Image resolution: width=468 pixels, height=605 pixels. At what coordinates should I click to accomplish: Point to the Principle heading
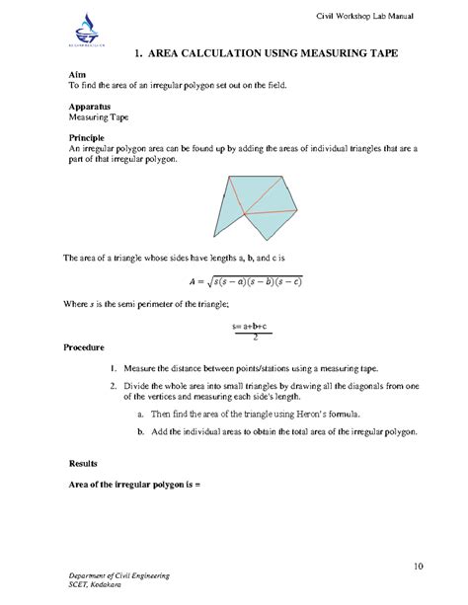(x=87, y=136)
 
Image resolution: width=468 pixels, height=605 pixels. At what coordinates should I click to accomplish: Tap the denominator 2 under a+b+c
(x=256, y=337)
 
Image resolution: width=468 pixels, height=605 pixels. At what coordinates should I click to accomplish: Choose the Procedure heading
(x=90, y=348)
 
